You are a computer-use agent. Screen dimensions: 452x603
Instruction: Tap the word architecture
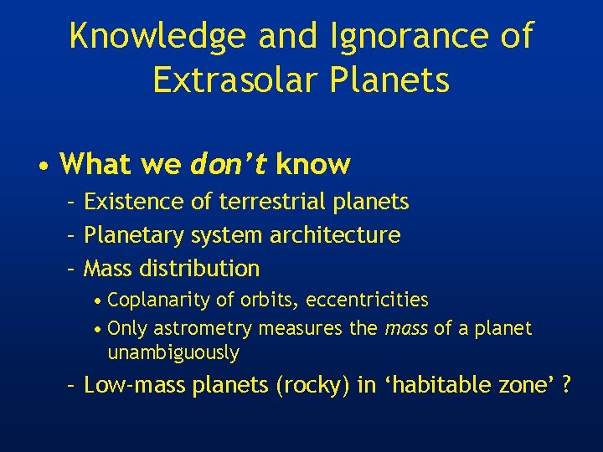(x=335, y=235)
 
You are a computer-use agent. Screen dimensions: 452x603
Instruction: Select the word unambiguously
(x=173, y=353)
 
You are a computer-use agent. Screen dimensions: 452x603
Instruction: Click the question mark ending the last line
(x=567, y=386)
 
